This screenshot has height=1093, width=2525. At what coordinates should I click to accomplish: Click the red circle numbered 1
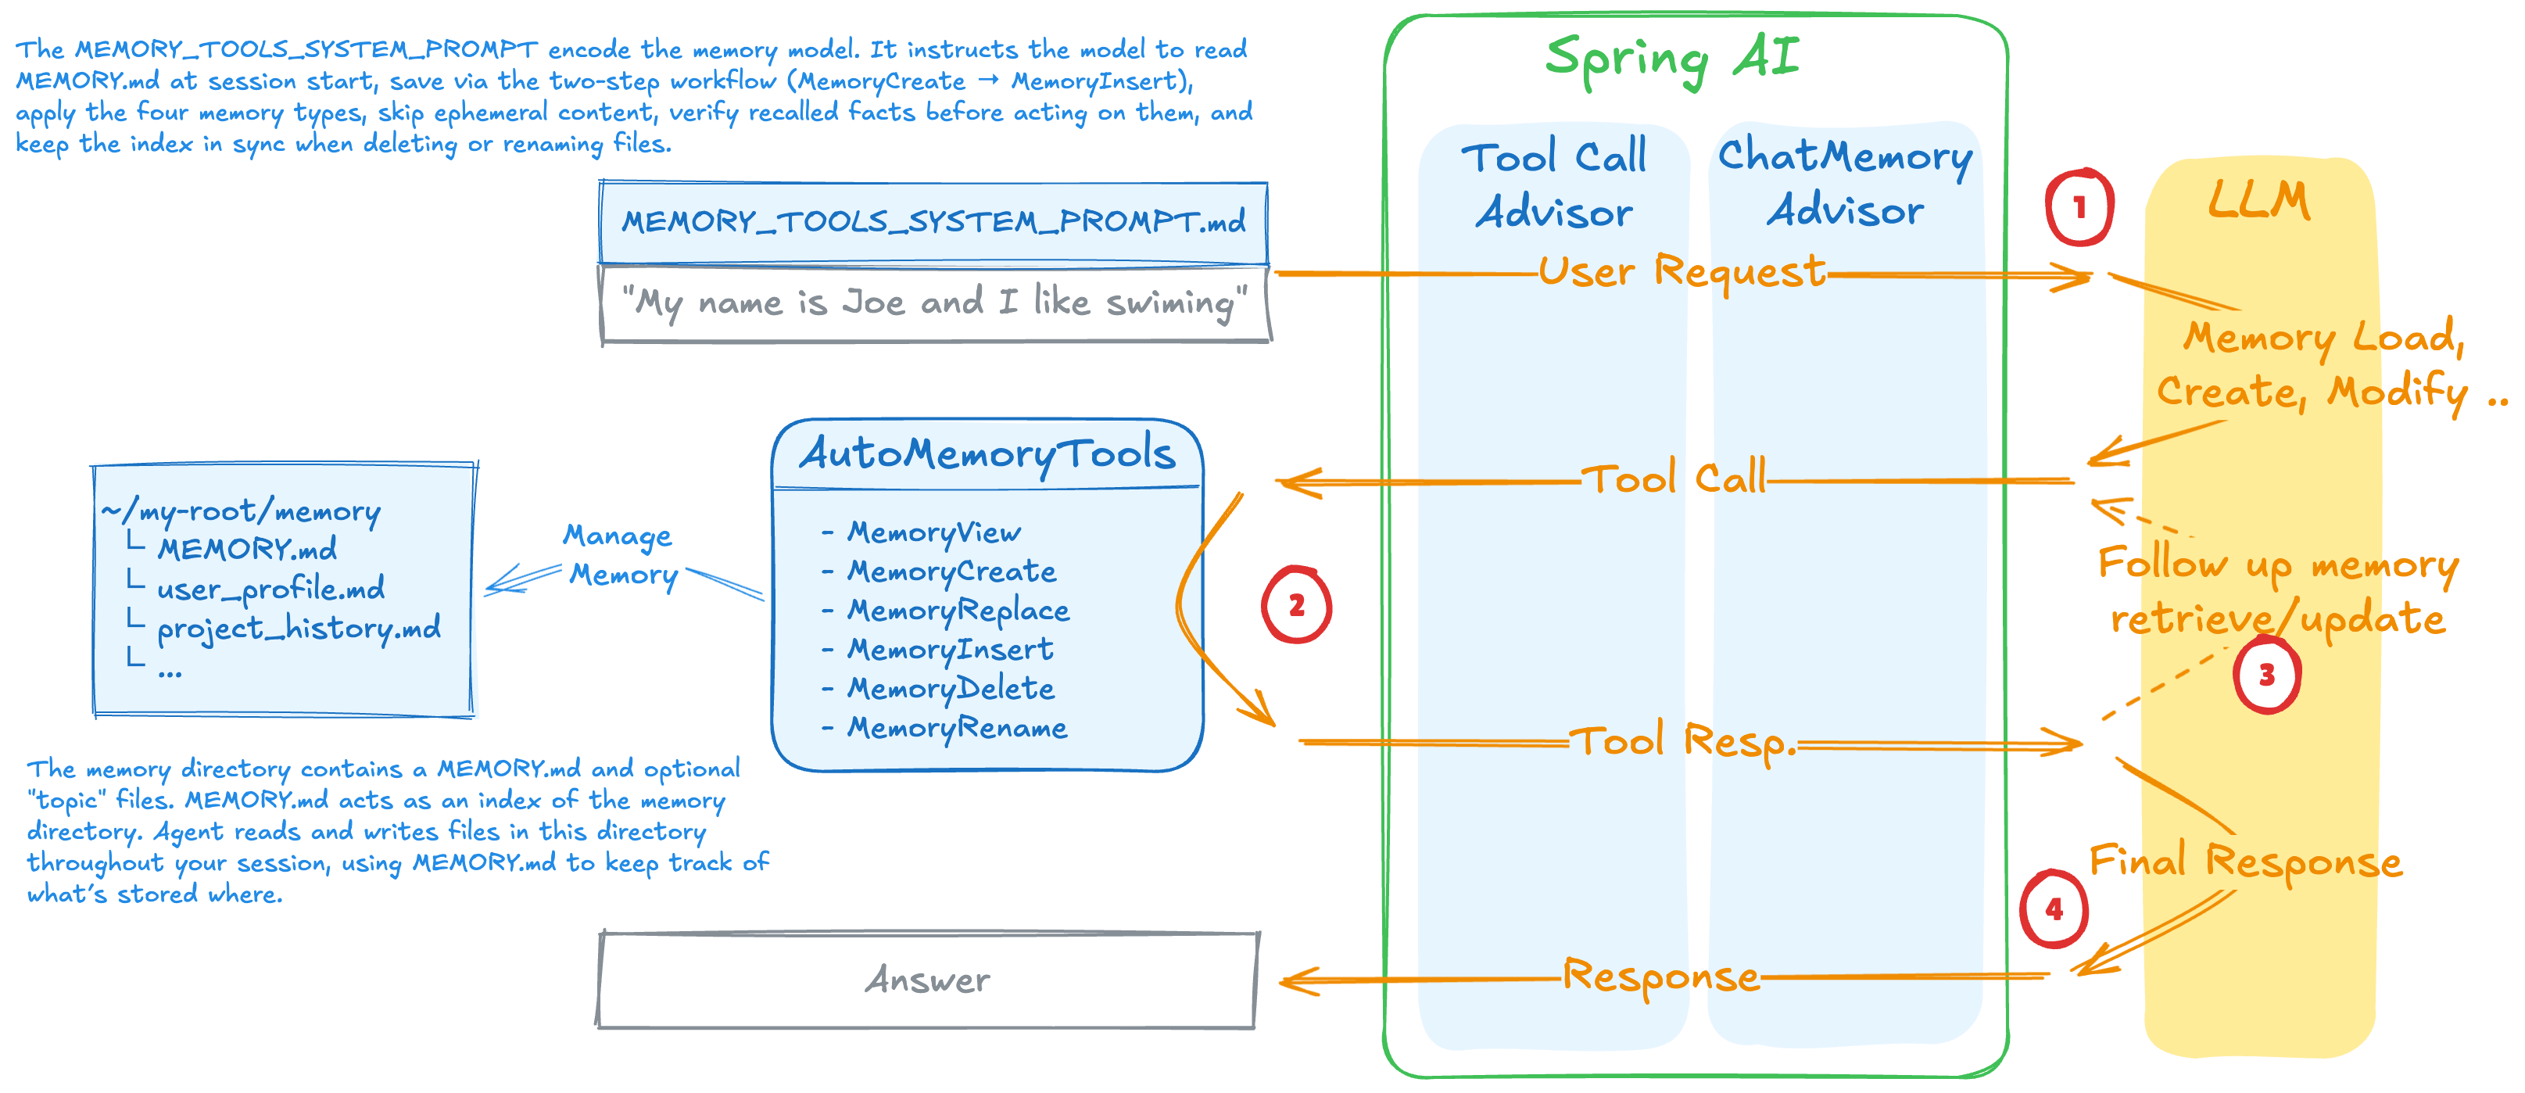point(2078,207)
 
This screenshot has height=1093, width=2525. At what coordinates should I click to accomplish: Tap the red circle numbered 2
point(1296,605)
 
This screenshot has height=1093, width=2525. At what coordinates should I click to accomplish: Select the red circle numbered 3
point(2266,675)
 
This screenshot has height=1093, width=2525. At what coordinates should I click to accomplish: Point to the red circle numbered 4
point(2054,908)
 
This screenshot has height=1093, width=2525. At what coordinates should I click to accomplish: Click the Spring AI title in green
point(1673,59)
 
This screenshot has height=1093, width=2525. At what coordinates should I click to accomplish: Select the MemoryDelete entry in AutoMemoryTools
point(951,688)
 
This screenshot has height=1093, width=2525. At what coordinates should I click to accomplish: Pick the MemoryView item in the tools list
point(933,532)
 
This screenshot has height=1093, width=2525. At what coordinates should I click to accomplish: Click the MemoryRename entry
point(957,727)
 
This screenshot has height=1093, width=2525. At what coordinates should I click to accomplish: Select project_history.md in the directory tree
point(298,627)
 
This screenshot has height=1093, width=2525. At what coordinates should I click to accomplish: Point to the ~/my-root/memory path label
point(241,511)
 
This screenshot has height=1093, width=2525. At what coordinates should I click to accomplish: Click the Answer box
point(927,980)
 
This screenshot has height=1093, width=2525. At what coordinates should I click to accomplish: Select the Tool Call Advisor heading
point(1555,185)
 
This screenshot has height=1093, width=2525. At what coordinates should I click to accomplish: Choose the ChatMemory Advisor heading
point(1845,182)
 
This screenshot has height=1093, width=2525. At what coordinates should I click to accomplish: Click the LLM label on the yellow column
point(2259,200)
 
